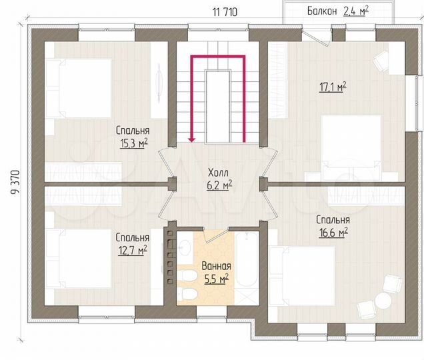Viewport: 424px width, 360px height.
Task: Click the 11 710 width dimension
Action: click(x=225, y=11)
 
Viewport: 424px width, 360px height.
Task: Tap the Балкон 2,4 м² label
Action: click(x=339, y=11)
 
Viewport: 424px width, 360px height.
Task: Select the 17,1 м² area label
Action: click(x=332, y=86)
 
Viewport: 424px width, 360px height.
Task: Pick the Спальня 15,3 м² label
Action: click(x=132, y=137)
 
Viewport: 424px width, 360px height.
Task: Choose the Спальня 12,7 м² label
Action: click(x=131, y=243)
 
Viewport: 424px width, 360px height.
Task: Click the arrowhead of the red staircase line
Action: click(x=191, y=140)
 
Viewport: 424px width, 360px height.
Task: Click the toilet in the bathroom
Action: click(x=188, y=294)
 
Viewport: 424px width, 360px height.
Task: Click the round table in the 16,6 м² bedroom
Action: click(x=383, y=301)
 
